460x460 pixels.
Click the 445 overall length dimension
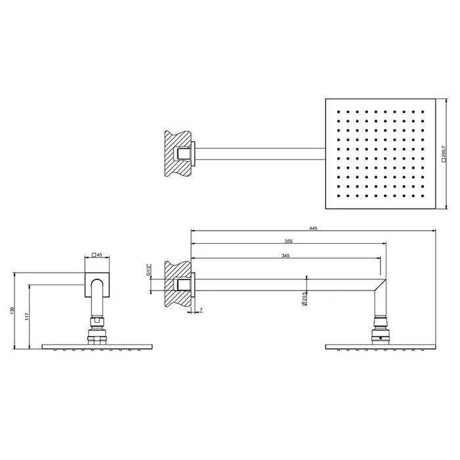click(313, 228)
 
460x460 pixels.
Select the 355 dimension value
click(288, 241)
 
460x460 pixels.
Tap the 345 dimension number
click(285, 256)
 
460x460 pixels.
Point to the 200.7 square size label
click(444, 154)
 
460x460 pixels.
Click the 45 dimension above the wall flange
click(97, 255)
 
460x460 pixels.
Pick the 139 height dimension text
click(12, 310)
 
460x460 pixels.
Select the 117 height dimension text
click(27, 316)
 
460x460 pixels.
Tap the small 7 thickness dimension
click(201, 310)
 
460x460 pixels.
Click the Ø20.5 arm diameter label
click(304, 299)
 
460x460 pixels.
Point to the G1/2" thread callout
click(149, 270)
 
